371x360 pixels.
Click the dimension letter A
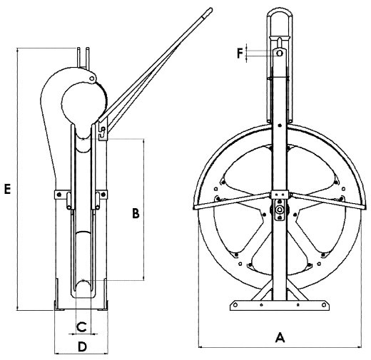[280, 337]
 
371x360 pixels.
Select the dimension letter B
[136, 213]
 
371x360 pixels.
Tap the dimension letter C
[82, 326]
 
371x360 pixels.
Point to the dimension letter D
[82, 346]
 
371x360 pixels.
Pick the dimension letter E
[8, 189]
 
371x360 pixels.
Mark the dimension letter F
[240, 53]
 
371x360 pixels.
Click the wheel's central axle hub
[280, 210]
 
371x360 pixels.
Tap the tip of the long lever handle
[210, 9]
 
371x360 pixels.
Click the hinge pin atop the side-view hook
[92, 78]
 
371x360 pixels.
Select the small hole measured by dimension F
[280, 53]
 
